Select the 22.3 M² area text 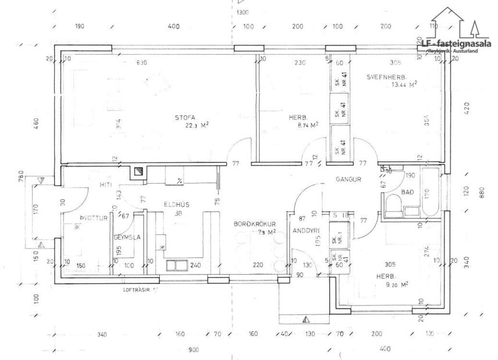(x=197, y=125)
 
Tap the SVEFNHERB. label (x=386, y=77)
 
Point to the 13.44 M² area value (x=404, y=85)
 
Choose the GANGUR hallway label (x=348, y=179)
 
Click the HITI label (x=105, y=185)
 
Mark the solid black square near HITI (x=138, y=171)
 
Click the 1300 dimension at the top (x=242, y=13)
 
